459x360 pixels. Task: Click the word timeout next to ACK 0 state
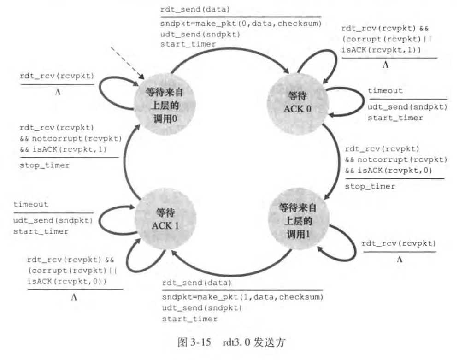[x=385, y=91]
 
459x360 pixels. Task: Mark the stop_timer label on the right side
[x=370, y=186]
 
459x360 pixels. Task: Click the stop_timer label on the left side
[x=45, y=165]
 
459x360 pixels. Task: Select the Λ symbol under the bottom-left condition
[x=74, y=297]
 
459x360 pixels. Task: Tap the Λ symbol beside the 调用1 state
[x=399, y=260]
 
